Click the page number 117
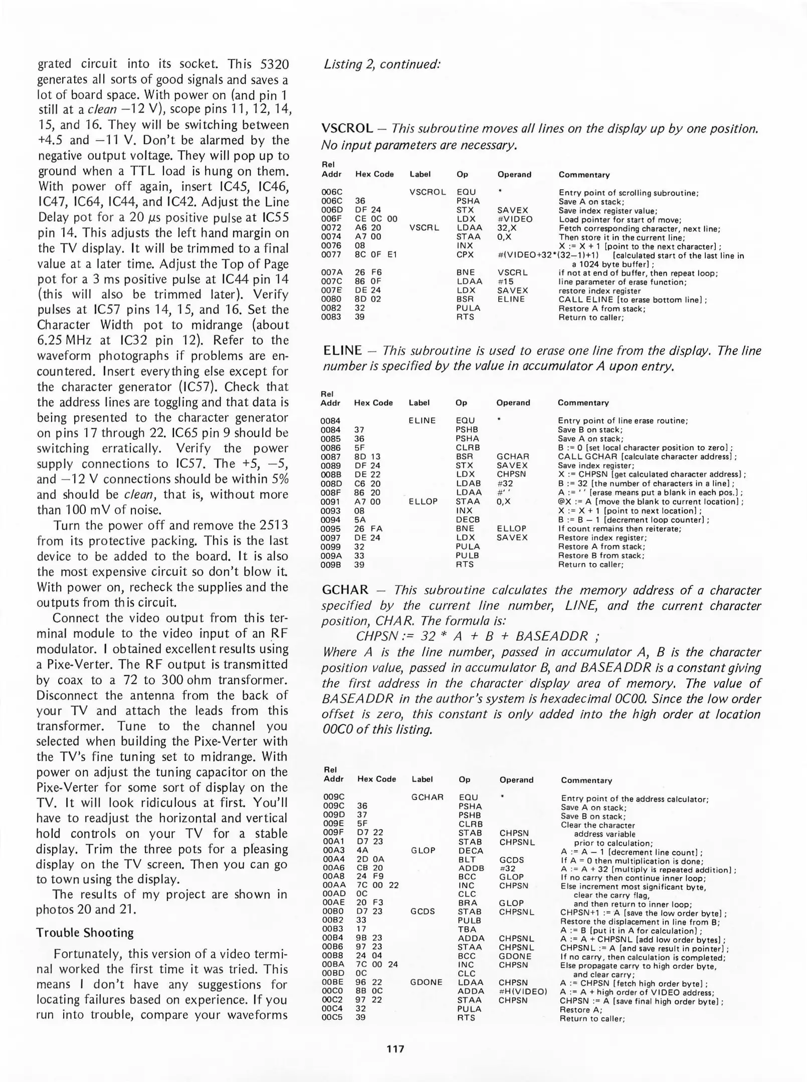point(395,1048)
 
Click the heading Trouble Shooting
point(85,932)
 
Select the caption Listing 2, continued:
point(382,64)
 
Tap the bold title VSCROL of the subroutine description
point(347,129)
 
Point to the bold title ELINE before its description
point(342,350)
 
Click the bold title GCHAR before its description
point(345,590)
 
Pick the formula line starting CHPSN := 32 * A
point(477,636)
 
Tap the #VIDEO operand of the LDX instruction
point(515,219)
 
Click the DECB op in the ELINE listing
point(468,520)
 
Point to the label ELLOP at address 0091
point(423,501)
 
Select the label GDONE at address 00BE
point(426,982)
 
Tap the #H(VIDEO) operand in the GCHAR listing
point(523,991)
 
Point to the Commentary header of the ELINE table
point(583,403)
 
